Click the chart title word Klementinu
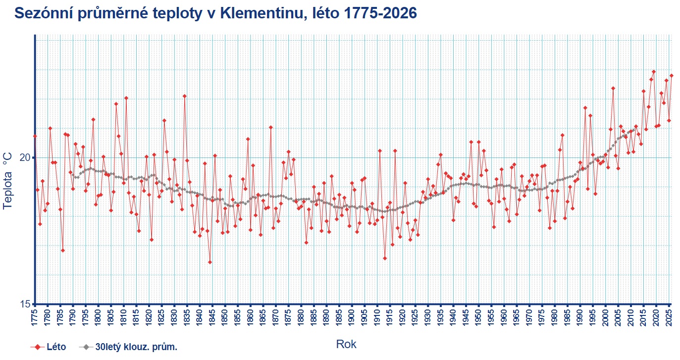click(262, 13)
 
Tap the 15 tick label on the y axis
click(25, 304)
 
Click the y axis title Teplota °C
click(7, 181)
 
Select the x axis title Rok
click(346, 344)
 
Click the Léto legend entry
click(48, 347)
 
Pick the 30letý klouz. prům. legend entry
click(128, 347)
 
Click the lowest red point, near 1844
click(210, 262)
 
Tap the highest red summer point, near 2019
click(654, 72)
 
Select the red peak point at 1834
click(185, 96)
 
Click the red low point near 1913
click(385, 258)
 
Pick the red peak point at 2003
click(613, 88)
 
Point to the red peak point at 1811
click(126, 98)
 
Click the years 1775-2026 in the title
click(381, 13)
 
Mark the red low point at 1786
click(63, 251)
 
